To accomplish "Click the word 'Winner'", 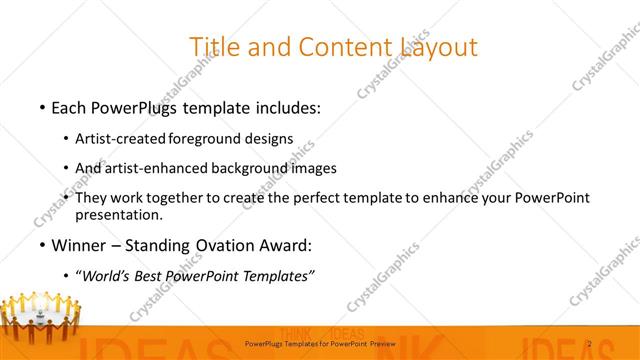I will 80,246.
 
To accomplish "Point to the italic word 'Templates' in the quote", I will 281,276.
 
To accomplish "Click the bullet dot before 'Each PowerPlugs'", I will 41,106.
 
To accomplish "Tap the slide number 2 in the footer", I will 590,344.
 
